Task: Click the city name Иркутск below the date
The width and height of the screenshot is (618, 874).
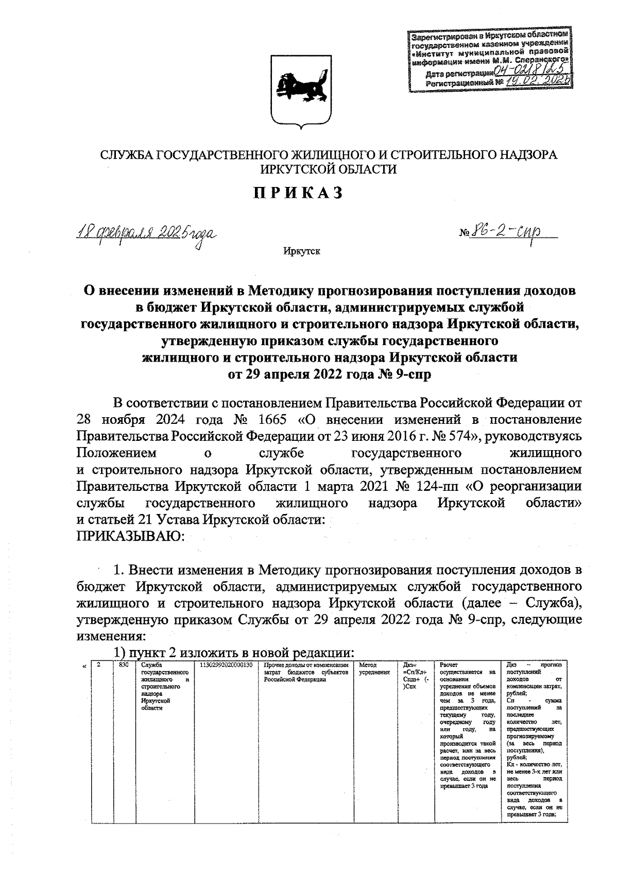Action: tap(301, 251)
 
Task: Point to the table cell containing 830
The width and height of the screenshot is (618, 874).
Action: tap(123, 665)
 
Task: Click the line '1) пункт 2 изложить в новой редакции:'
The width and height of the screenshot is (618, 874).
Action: tap(234, 652)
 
